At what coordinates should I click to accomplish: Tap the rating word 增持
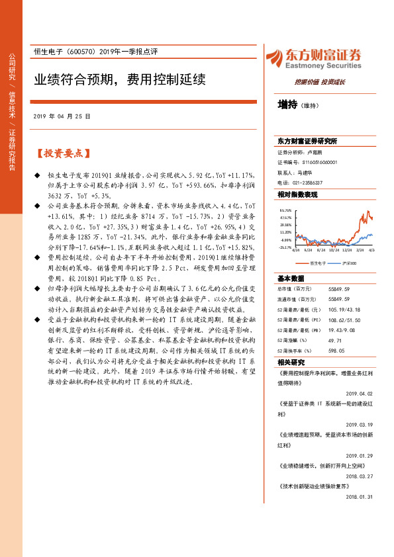pyautogui.click(x=287, y=105)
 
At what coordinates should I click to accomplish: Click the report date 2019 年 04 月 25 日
pyautogui.click(x=62, y=116)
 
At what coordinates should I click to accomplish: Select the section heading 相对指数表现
pyautogui.click(x=297, y=194)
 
